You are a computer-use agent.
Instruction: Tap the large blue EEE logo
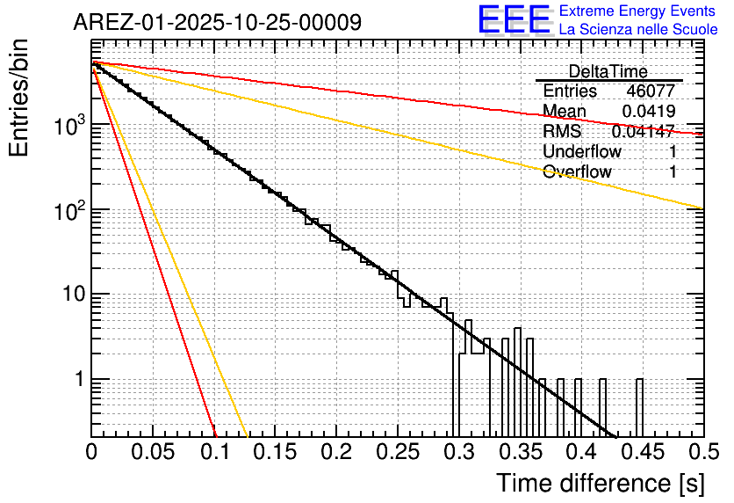(x=514, y=21)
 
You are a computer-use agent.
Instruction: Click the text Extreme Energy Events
(x=637, y=11)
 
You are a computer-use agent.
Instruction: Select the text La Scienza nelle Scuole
(x=638, y=30)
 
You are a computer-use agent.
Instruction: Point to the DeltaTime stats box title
(x=608, y=71)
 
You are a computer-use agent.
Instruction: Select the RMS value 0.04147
(x=643, y=132)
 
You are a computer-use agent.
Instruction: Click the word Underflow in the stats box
(x=582, y=152)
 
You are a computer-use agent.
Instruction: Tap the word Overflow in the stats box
(x=577, y=172)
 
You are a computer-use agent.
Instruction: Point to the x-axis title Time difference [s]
(x=600, y=484)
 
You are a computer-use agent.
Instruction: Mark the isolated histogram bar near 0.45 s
(x=639, y=407)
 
